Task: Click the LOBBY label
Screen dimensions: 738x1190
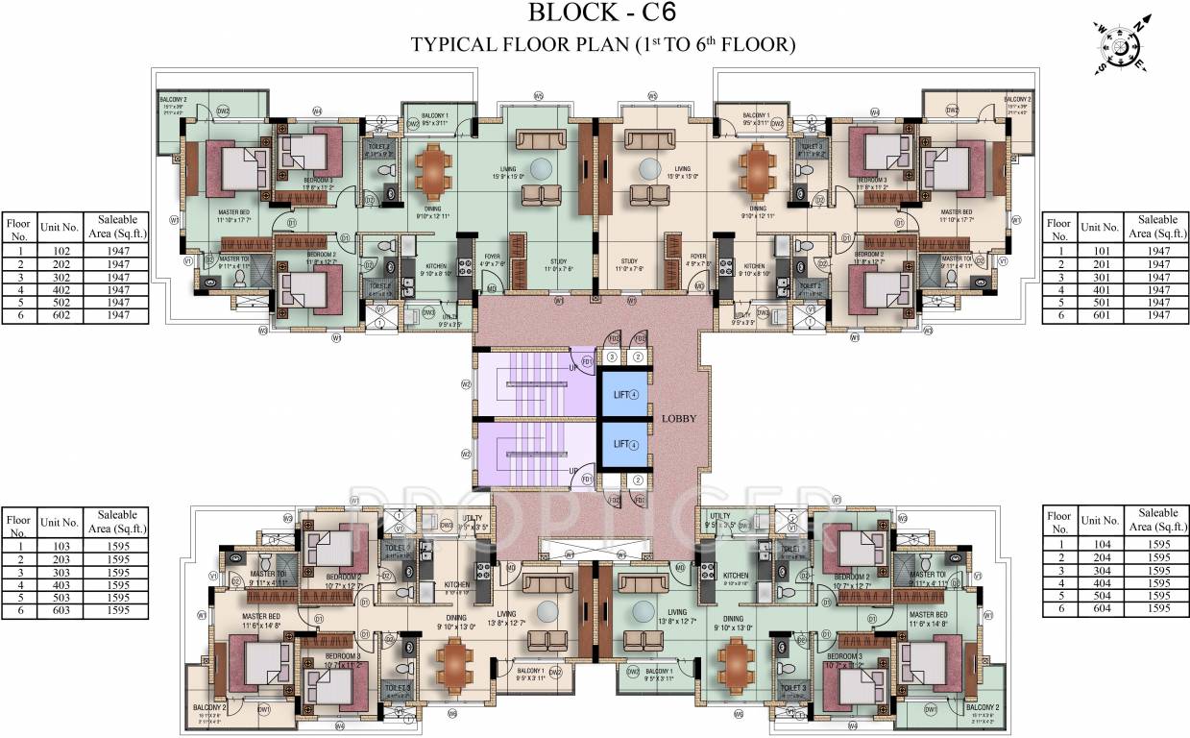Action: point(678,419)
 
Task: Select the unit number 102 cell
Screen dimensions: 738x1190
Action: point(60,250)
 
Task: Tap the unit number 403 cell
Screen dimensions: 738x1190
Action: point(60,584)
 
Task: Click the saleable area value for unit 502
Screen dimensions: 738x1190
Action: point(118,303)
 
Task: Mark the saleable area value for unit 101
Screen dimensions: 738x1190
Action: point(1158,250)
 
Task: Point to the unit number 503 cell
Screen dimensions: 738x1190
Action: point(60,597)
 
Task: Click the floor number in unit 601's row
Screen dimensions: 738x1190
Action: point(1057,316)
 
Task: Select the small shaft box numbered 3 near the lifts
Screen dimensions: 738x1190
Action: point(611,357)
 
